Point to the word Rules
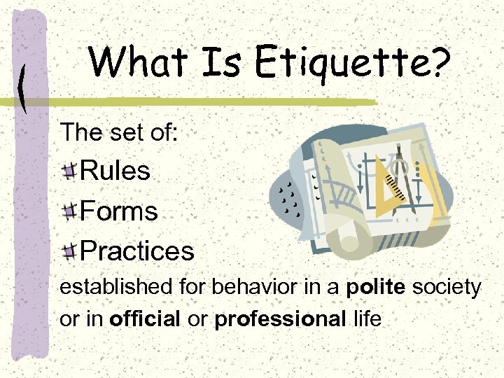click(x=115, y=171)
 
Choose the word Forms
click(x=120, y=211)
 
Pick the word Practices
click(x=137, y=251)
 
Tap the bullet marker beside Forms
click(x=70, y=212)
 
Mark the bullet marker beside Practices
click(x=70, y=252)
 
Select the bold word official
click(x=144, y=320)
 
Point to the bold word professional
click(x=280, y=320)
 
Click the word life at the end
click(x=367, y=320)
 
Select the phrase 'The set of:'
click(x=120, y=132)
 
